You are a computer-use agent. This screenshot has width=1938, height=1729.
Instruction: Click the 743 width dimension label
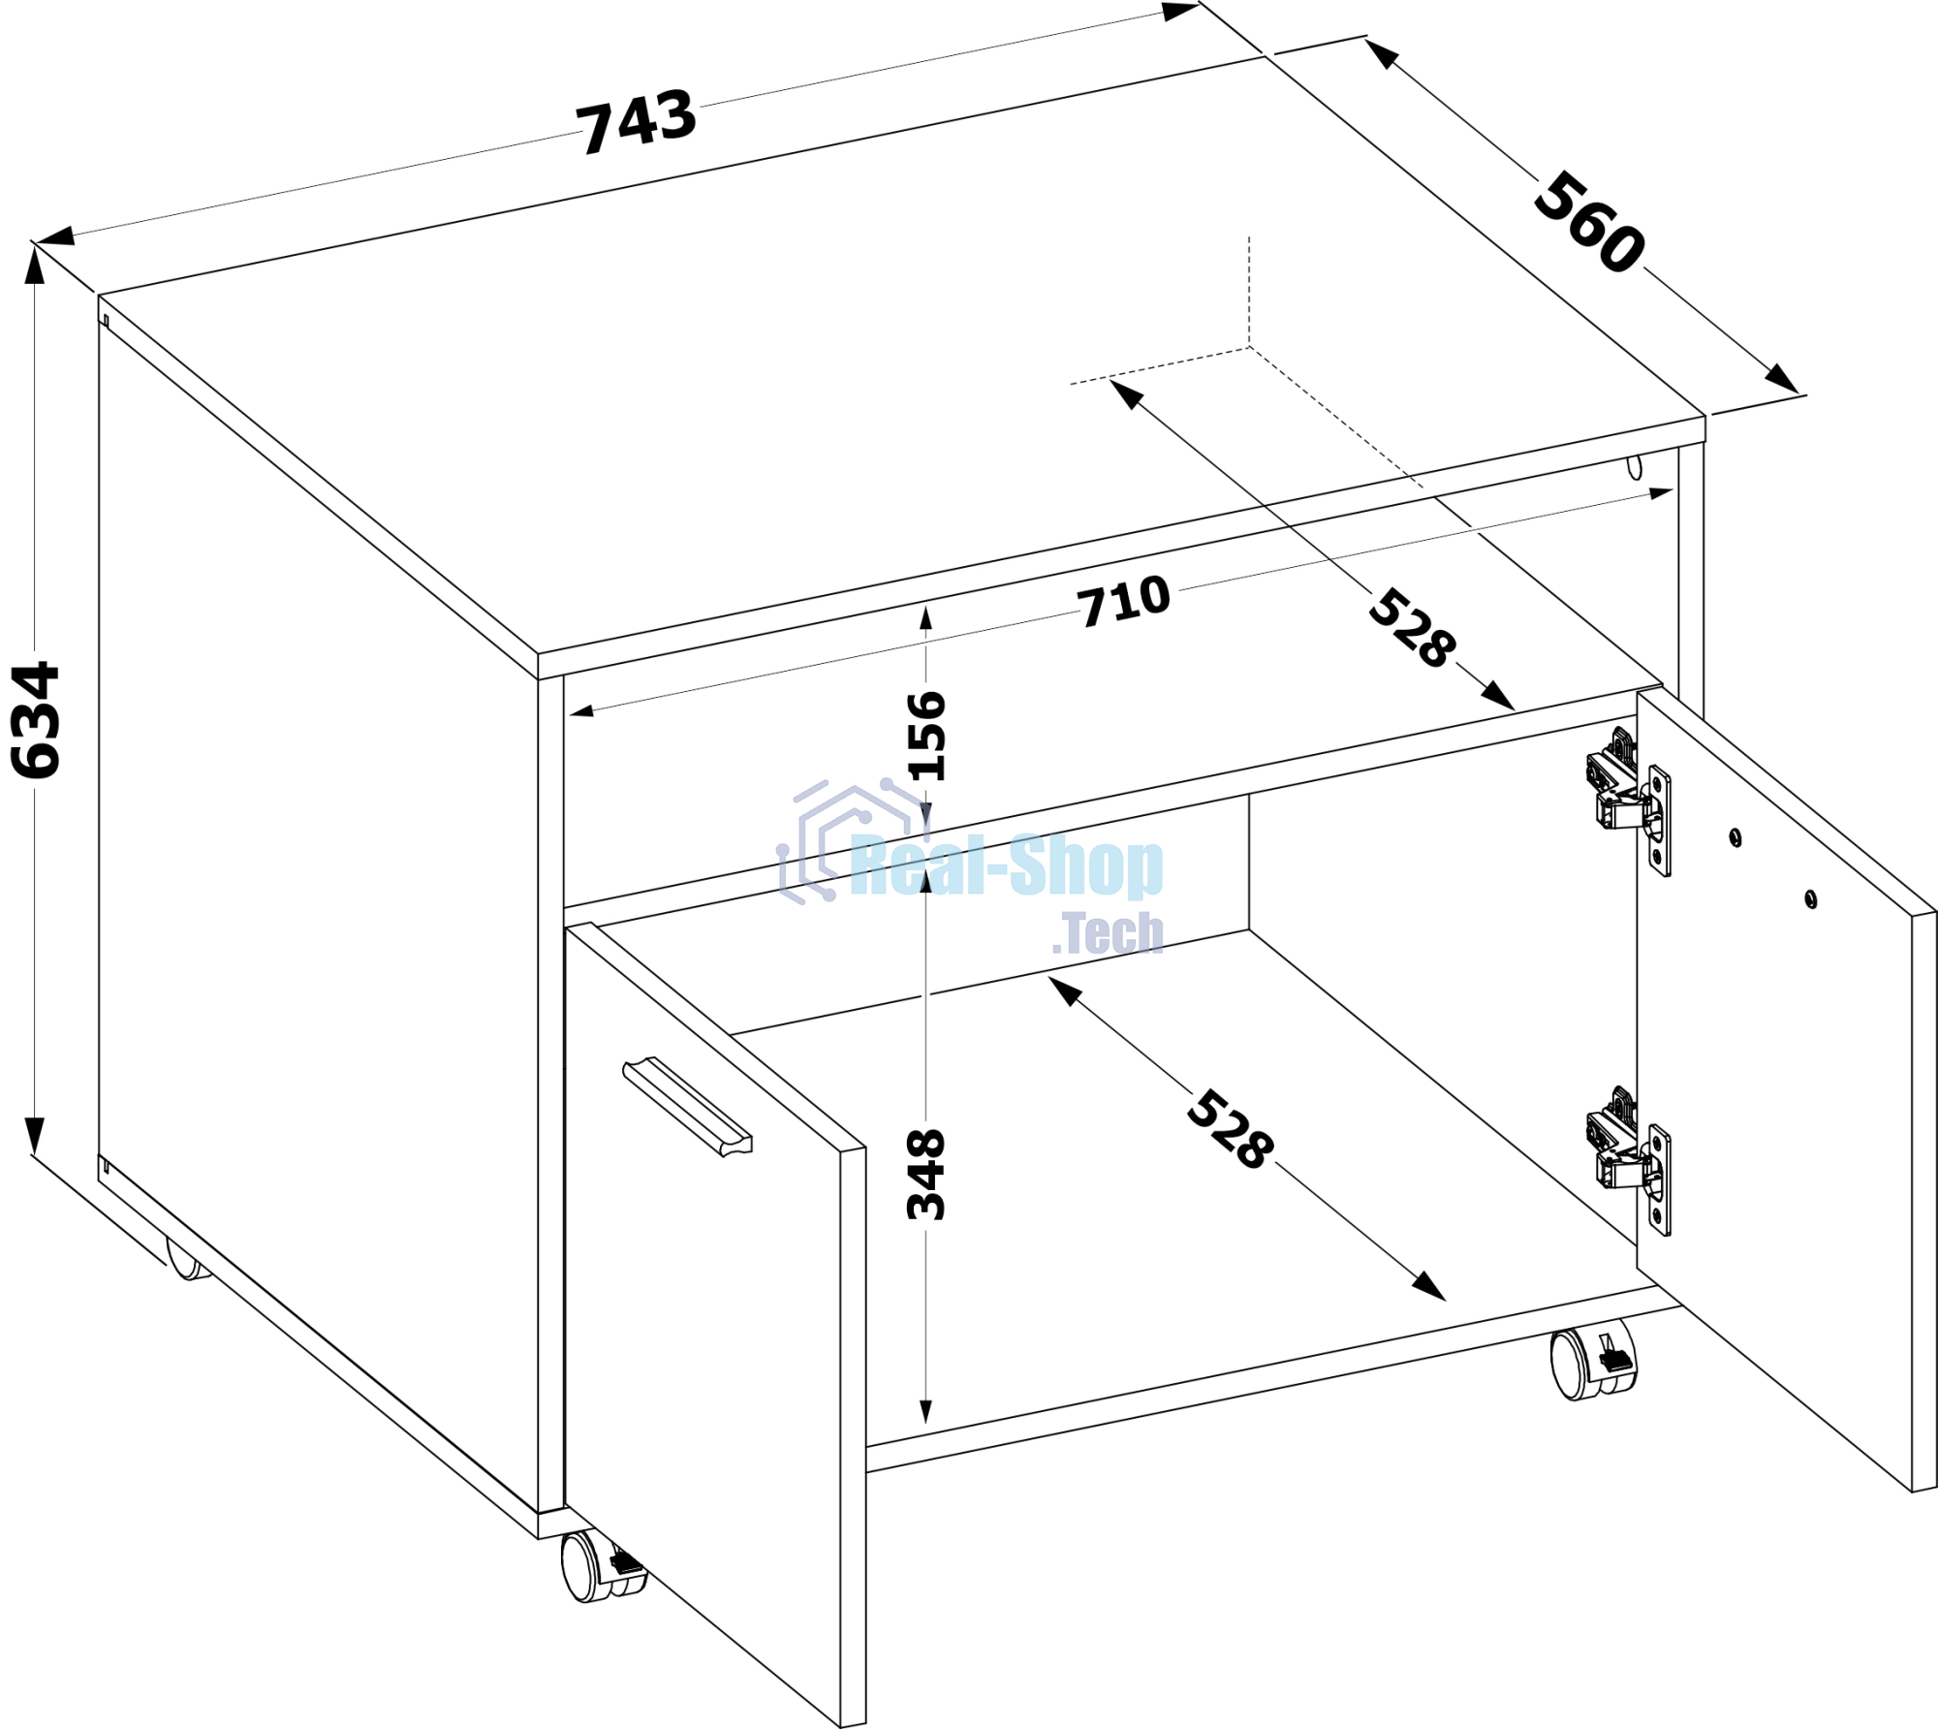click(637, 121)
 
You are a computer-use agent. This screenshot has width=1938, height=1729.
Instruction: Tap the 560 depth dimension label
click(1589, 222)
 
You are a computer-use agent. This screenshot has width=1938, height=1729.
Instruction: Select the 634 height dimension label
click(36, 719)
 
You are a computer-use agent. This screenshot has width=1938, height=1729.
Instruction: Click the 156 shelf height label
click(926, 736)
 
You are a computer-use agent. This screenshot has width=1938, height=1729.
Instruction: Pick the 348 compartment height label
click(926, 1174)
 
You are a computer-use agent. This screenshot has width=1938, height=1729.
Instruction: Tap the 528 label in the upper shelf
click(1412, 627)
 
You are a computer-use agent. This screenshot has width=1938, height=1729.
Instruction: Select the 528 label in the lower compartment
click(1230, 1130)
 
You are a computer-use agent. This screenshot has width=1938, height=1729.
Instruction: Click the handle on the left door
click(687, 1107)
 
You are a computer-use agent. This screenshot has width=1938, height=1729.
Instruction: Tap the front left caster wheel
click(602, 1565)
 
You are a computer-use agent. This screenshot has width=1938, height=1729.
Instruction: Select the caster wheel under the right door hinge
click(1591, 1359)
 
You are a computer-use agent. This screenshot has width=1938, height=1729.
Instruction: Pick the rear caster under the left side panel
click(188, 1258)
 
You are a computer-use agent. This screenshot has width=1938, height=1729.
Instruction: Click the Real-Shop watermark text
click(1007, 865)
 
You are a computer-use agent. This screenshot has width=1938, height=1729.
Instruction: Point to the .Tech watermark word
click(1108, 932)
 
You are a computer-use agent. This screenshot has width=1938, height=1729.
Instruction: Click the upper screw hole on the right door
click(1735, 836)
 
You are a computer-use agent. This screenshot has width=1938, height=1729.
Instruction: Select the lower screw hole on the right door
click(1810, 898)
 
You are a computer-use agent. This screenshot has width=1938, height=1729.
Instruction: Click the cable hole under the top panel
click(1636, 466)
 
